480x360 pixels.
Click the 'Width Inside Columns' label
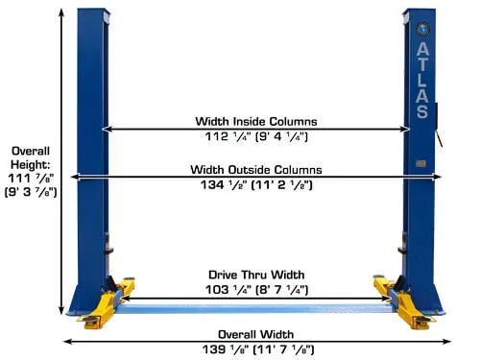coord(256,122)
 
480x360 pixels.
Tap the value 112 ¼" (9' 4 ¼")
coord(256,136)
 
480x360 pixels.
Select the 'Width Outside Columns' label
coord(256,170)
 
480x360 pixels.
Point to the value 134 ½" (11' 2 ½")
coord(256,185)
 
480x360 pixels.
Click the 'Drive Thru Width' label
coord(256,275)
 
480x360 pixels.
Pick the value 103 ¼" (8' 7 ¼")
coord(256,290)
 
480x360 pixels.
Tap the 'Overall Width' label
coord(256,334)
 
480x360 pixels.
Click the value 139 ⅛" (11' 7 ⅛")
coord(258,349)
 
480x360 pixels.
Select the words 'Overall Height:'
coord(31,157)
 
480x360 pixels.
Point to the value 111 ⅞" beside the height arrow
coord(31,179)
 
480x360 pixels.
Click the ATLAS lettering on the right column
coord(422,81)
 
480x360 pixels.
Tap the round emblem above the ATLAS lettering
coord(422,30)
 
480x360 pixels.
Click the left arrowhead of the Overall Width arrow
coord(65,342)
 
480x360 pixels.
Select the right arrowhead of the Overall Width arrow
coord(448,342)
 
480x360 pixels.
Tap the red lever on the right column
coord(439,138)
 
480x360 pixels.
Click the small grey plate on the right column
coord(420,164)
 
